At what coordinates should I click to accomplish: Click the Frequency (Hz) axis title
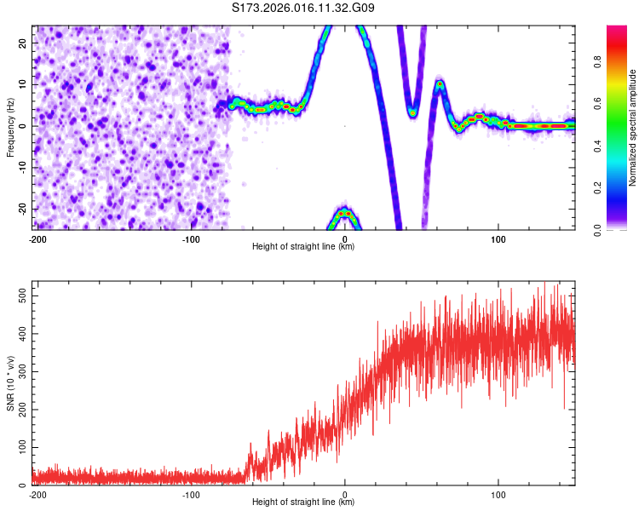[10, 128]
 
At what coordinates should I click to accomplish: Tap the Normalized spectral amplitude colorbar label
[632, 128]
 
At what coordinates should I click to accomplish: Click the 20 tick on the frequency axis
[23, 43]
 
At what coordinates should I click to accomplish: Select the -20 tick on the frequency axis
[21, 209]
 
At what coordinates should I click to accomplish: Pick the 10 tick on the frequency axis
[23, 84]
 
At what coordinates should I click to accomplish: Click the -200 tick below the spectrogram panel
[37, 238]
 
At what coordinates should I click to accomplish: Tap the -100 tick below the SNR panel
[191, 494]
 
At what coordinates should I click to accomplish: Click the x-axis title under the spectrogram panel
[303, 247]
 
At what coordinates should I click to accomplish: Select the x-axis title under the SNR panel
[303, 502]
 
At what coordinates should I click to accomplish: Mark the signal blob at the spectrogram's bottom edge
[345, 215]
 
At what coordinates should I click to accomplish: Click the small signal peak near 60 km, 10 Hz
[440, 85]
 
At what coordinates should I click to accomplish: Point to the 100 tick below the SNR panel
[498, 494]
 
